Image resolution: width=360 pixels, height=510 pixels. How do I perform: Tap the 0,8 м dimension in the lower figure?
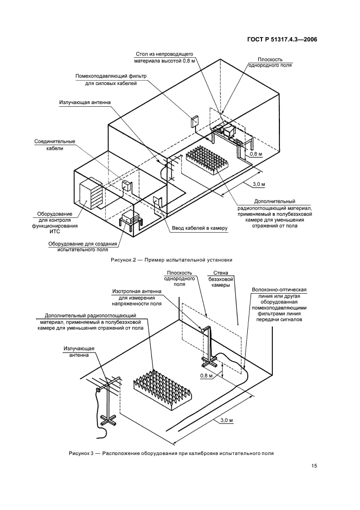pos(206,375)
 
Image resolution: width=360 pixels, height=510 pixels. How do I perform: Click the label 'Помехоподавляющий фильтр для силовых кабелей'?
pos(106,80)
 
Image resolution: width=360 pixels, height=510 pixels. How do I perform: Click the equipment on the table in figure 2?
pos(224,130)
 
